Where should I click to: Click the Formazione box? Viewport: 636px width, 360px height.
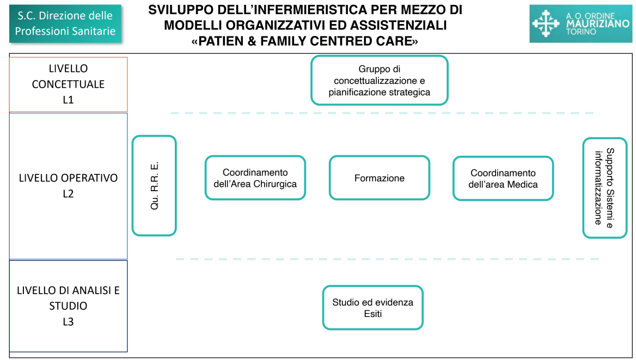(x=379, y=178)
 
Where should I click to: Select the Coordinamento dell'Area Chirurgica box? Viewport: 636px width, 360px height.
(x=255, y=178)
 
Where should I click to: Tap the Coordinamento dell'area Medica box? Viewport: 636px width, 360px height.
(x=503, y=178)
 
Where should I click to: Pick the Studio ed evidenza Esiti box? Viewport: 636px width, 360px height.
(x=373, y=308)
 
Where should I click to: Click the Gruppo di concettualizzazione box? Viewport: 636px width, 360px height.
(x=379, y=81)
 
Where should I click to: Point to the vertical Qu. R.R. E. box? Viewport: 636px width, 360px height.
(x=154, y=186)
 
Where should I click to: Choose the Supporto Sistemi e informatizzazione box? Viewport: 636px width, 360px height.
(x=605, y=188)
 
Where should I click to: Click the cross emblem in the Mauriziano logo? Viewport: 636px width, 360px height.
(x=546, y=23)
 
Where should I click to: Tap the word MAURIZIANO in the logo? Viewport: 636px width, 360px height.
(x=597, y=23)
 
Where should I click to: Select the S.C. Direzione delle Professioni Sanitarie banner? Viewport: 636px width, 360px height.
(x=65, y=23)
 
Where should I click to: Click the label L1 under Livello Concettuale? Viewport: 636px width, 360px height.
(x=68, y=100)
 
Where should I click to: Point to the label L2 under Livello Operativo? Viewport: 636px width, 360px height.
(x=68, y=193)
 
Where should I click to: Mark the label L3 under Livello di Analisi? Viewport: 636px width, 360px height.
(x=68, y=322)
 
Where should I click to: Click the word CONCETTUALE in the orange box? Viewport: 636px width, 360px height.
(x=68, y=84)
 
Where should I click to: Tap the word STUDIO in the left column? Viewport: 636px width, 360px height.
(x=68, y=306)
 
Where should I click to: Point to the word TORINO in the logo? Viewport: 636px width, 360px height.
(x=581, y=32)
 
